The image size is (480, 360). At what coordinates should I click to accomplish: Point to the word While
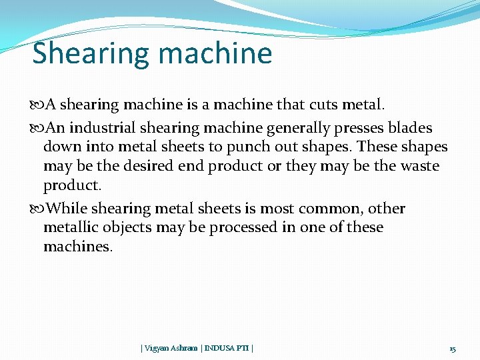[67, 209]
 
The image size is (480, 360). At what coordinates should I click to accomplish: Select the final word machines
[78, 246]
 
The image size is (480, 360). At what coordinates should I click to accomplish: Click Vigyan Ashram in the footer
[170, 348]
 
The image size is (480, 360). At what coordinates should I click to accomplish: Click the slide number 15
[453, 349]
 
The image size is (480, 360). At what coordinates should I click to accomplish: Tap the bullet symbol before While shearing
[37, 209]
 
